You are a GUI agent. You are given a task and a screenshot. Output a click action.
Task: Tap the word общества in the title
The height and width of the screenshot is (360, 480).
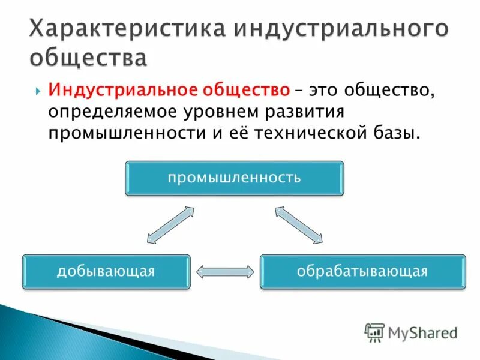(88, 59)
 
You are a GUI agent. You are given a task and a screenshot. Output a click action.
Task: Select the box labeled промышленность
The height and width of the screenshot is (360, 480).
(234, 178)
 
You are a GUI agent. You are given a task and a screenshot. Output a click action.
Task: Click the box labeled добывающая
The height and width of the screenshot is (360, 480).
(106, 272)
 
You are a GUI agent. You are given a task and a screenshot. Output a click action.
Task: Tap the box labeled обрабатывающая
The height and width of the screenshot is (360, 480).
(362, 272)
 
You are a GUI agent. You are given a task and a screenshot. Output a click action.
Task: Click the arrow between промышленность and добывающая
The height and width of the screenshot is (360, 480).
(170, 225)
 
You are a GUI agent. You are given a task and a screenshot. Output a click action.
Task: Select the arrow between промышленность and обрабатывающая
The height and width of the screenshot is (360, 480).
(298, 225)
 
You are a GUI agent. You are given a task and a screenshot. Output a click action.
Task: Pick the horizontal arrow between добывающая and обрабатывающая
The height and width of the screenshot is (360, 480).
(225, 272)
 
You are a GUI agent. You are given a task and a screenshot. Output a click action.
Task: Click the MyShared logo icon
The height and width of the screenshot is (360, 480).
(375, 332)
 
